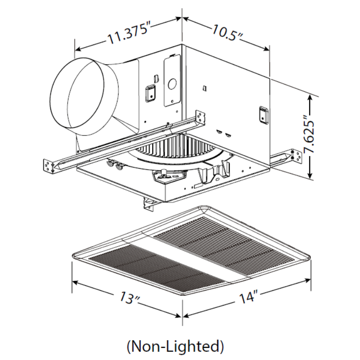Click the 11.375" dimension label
click(x=128, y=34)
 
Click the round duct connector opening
click(x=77, y=97)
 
